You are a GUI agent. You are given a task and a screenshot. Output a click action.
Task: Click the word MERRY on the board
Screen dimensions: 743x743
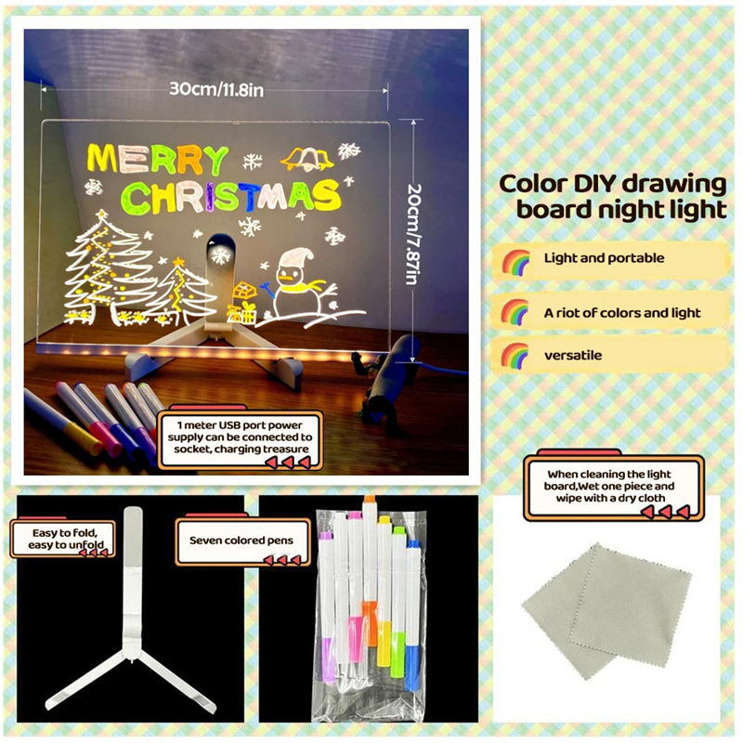tap(157, 159)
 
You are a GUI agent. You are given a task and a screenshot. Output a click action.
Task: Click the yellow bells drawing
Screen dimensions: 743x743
tap(306, 158)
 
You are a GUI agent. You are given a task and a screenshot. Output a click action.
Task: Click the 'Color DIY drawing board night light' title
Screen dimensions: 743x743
tap(613, 196)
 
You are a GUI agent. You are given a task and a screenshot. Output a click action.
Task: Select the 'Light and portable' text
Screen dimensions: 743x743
tap(604, 258)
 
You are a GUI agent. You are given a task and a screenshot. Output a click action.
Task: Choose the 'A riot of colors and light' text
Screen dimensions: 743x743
tap(621, 313)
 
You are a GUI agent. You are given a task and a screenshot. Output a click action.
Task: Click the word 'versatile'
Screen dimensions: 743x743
tap(572, 355)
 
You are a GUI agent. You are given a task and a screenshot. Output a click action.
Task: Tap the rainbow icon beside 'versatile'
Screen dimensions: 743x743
tap(515, 356)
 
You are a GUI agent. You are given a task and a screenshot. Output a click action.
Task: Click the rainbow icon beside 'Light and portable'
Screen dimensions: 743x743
tap(515, 260)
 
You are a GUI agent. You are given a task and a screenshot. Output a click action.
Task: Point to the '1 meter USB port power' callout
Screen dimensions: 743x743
tap(238, 437)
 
